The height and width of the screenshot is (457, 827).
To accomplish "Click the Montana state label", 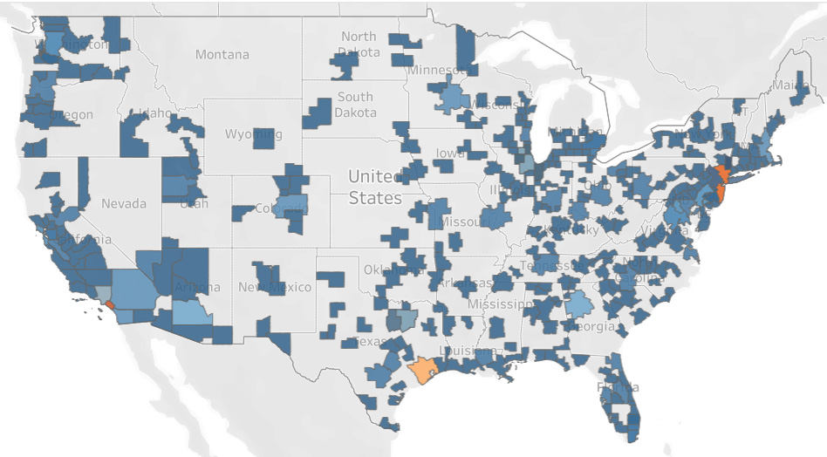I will coord(222,55).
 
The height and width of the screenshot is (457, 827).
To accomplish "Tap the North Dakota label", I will coord(359,44).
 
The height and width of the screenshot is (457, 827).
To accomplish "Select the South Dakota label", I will coord(355,105).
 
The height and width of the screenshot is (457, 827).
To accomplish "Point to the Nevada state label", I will coord(124,203).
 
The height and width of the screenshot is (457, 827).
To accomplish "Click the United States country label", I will coord(375,188).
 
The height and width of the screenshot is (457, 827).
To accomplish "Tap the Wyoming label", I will coord(253,134).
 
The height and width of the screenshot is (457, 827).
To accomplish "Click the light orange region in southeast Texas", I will coord(423,370).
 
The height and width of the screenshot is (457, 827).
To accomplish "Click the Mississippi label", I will coord(500,304).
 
